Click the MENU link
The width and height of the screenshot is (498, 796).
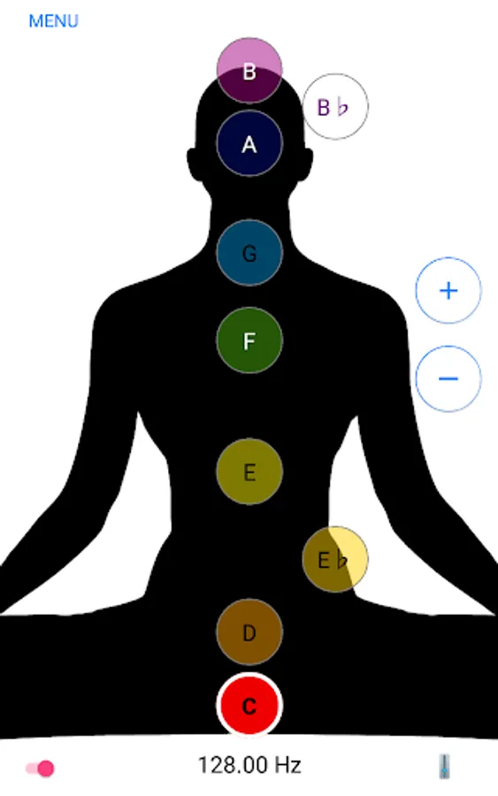point(53,21)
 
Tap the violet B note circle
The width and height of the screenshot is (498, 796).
point(249,70)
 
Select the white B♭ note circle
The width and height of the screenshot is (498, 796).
point(335,107)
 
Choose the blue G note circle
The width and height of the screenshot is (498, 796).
point(249,253)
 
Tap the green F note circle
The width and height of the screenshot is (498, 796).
point(249,341)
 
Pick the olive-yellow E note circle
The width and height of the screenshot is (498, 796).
point(249,471)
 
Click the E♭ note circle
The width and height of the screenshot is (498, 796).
point(335,560)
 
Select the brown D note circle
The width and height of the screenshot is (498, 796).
point(249,632)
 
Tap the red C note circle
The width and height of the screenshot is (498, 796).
point(249,705)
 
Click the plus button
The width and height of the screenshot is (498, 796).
point(448,290)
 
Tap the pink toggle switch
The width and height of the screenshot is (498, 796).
point(40,768)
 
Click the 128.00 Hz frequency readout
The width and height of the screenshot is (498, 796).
point(249,765)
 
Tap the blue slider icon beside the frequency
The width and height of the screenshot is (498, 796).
point(444,766)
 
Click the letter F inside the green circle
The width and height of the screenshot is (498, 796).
point(249,341)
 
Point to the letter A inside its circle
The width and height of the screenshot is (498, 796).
point(249,145)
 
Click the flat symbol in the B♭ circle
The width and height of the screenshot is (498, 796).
point(342,108)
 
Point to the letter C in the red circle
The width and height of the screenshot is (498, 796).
point(249,706)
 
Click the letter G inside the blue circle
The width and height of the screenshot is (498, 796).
point(249,254)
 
